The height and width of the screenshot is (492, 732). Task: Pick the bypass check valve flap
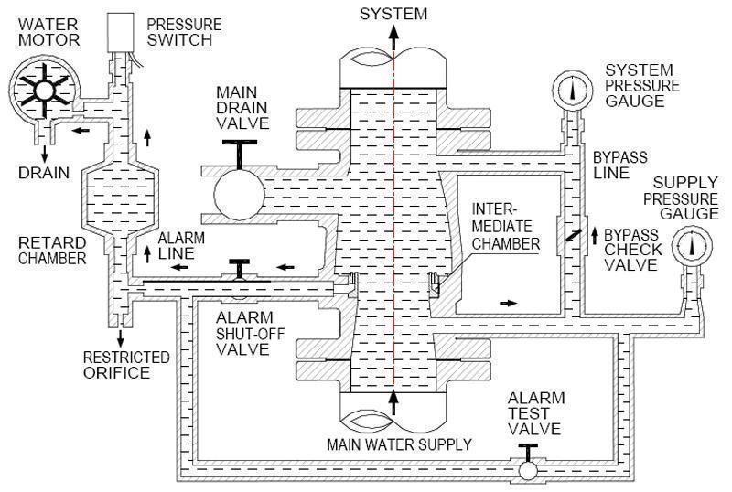[572, 230]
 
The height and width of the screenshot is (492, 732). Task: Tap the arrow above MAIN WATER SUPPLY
[393, 401]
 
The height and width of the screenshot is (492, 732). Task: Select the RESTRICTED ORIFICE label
[126, 364]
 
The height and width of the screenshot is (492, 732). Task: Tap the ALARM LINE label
[180, 246]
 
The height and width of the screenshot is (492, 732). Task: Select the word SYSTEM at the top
[393, 12]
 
